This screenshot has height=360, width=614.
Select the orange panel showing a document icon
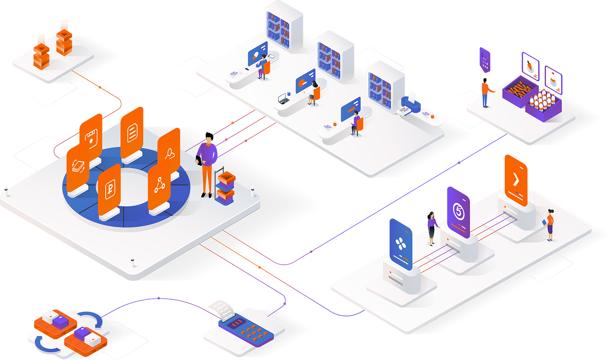(132, 132)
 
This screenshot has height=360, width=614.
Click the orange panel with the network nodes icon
(159, 186)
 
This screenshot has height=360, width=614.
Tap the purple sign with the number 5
(458, 212)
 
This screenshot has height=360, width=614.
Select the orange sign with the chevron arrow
(516, 180)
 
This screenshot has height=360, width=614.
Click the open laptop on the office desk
(283, 98)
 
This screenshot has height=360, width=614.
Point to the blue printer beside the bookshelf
(410, 105)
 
